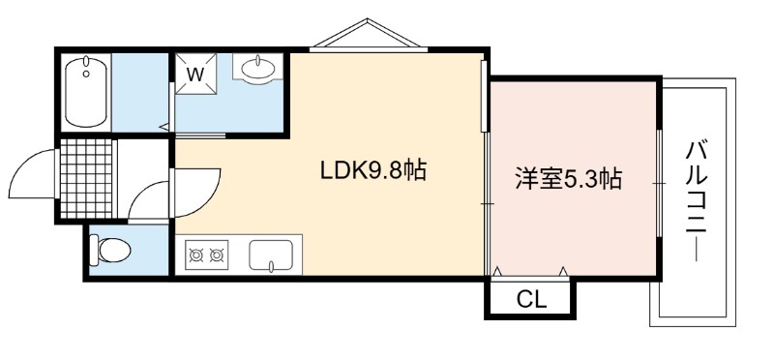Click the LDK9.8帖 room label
(x=373, y=171)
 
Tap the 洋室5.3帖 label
(x=568, y=179)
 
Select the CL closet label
(x=531, y=299)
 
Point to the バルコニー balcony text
(x=697, y=201)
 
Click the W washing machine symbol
(x=196, y=74)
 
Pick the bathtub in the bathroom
(x=86, y=93)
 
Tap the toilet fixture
(x=110, y=251)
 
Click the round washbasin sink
(x=257, y=67)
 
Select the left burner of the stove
(x=196, y=255)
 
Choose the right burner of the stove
(x=216, y=255)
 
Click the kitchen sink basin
(x=271, y=255)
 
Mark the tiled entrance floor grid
(x=86, y=178)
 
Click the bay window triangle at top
(x=368, y=34)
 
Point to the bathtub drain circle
(x=86, y=75)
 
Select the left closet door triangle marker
(x=498, y=271)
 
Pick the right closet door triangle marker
(x=563, y=271)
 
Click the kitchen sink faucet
(x=271, y=267)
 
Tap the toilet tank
(x=93, y=251)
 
